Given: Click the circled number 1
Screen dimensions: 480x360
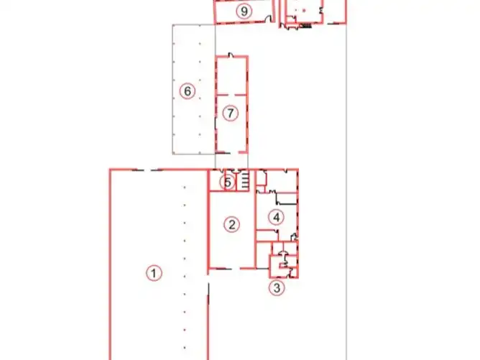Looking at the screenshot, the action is pyautogui.click(x=154, y=273).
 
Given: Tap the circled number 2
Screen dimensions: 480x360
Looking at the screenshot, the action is pyautogui.click(x=231, y=225).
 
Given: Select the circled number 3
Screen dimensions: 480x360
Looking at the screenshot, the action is pyautogui.click(x=277, y=287).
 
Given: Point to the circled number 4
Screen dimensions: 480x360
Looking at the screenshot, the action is pyautogui.click(x=276, y=217).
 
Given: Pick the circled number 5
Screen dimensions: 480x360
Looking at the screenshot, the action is pyautogui.click(x=228, y=183).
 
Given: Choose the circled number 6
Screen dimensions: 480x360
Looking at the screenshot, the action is pyautogui.click(x=188, y=91).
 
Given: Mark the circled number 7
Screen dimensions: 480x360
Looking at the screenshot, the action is pyautogui.click(x=230, y=113).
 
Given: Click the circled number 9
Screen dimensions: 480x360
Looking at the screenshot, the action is pyautogui.click(x=244, y=11).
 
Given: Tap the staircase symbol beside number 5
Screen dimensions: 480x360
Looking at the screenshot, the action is pyautogui.click(x=244, y=180).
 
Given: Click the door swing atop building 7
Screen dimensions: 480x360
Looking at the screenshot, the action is pyautogui.click(x=231, y=55).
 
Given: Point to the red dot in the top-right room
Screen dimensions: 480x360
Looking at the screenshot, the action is pyautogui.click(x=304, y=10).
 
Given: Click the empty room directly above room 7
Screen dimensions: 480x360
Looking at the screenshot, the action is pyautogui.click(x=231, y=75).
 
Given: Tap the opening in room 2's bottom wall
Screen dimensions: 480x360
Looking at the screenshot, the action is pyautogui.click(x=236, y=269).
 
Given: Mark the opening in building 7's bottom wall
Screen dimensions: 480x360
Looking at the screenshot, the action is pyautogui.click(x=234, y=152).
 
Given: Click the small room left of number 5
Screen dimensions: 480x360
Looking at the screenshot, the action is pyautogui.click(x=217, y=180).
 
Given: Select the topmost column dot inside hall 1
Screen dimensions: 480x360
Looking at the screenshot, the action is pyautogui.click(x=184, y=187).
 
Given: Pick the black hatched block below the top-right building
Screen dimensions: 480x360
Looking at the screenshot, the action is pyautogui.click(x=305, y=26).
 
